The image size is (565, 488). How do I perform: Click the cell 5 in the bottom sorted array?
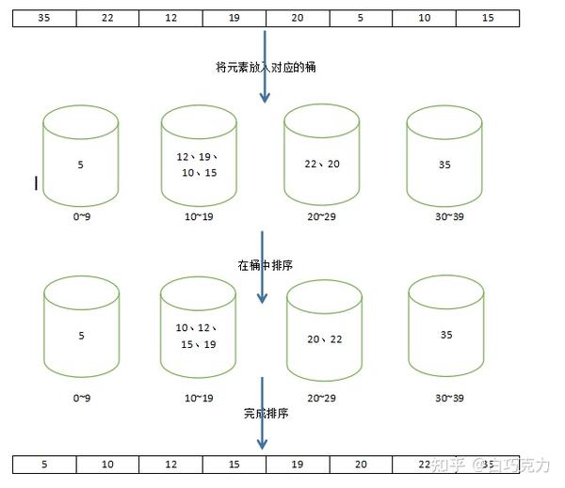pos(44,464)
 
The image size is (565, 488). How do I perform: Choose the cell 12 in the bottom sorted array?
pos(170,464)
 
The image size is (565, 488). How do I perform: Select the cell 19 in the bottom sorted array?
pos(297,464)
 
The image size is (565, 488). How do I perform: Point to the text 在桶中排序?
pos(266,265)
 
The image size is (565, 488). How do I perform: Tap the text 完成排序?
pos(266,413)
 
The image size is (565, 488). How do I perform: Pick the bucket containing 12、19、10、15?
pos(198,157)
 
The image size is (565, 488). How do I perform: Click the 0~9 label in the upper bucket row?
pos(80,217)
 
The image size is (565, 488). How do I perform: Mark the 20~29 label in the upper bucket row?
pos(322,217)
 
